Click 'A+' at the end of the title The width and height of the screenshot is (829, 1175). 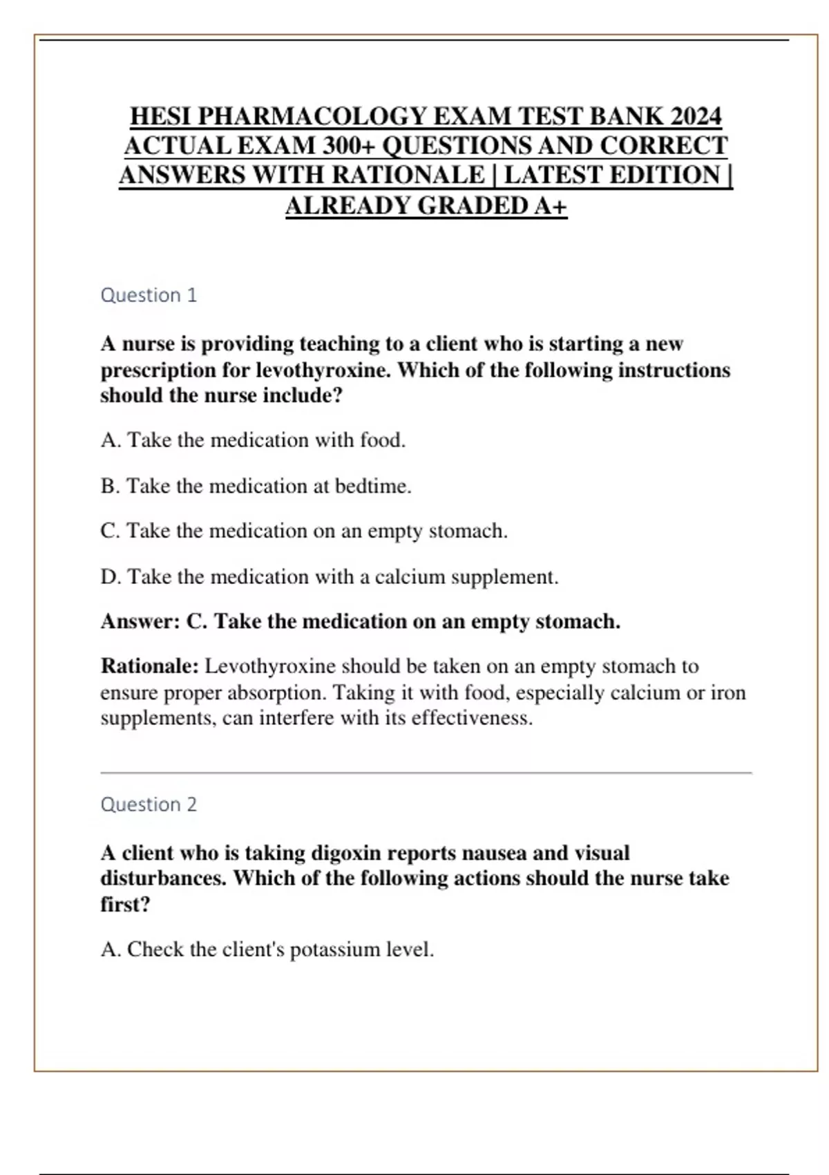pyautogui.click(x=550, y=205)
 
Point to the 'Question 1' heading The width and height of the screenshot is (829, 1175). pyautogui.click(x=149, y=295)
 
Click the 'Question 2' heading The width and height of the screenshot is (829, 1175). pyautogui.click(x=149, y=805)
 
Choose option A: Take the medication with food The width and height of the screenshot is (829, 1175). pyautogui.click(x=253, y=440)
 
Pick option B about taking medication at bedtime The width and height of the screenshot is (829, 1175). pyautogui.click(x=256, y=486)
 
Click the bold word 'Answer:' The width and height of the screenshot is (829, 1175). pyautogui.click(x=140, y=621)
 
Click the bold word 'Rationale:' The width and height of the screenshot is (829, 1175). pyautogui.click(x=150, y=666)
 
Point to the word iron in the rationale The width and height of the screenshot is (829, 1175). pyautogui.click(x=728, y=692)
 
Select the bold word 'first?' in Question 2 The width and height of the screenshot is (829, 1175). pyautogui.click(x=125, y=904)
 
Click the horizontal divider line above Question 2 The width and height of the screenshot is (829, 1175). pyautogui.click(x=426, y=773)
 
